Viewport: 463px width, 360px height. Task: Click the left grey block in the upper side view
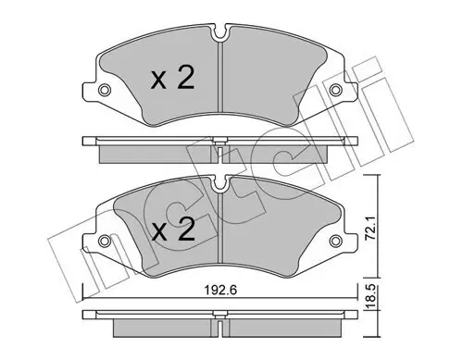pyautogui.click(x=157, y=151)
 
